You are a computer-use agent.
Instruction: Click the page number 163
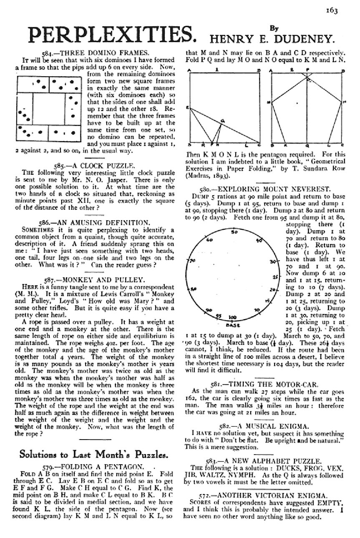(332, 10)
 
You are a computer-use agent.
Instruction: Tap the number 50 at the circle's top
(234, 231)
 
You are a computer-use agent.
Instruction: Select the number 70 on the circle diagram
(193, 261)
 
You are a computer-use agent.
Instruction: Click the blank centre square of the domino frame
(49, 108)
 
